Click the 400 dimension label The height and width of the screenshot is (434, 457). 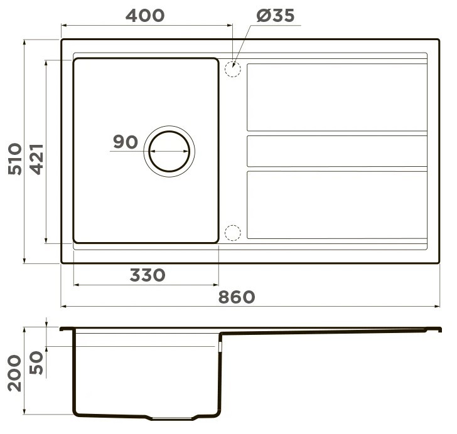pos(145,16)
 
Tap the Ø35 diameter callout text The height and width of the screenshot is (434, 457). pos(276,16)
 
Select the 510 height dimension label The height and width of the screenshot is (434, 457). pos(15,159)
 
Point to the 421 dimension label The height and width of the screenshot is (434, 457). pos(37,159)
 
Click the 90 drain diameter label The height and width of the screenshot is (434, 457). pos(126,142)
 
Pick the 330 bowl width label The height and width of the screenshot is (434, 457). pos(148,275)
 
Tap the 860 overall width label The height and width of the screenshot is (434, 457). pos(237,297)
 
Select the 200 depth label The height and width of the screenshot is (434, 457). pos(14,373)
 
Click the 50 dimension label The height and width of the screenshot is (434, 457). pos(36,363)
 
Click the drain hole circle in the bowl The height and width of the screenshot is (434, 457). pos(169,131)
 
